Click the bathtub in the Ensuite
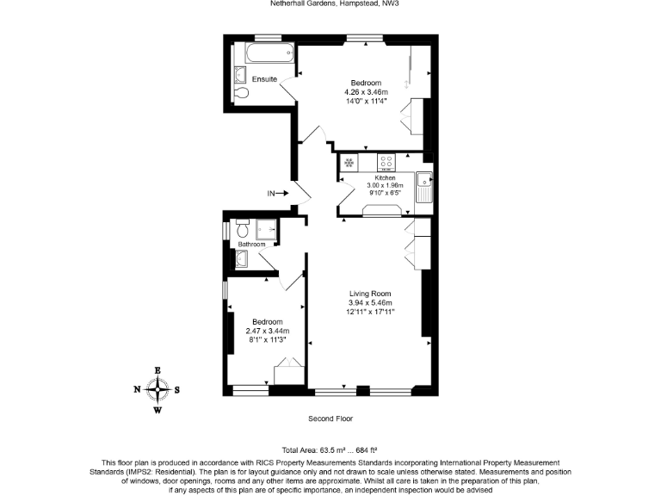269,53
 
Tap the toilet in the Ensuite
241,93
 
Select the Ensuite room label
264,79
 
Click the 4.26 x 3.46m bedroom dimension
366,92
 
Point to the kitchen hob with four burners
386,162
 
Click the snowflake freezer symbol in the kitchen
349,163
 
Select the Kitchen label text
385,178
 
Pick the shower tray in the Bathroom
267,230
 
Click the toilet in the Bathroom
242,228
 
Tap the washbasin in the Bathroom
241,258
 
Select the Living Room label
370,294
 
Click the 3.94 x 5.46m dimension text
370,303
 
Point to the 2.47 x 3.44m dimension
268,331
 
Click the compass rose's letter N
137,389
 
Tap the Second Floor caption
330,418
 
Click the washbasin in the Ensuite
240,75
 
